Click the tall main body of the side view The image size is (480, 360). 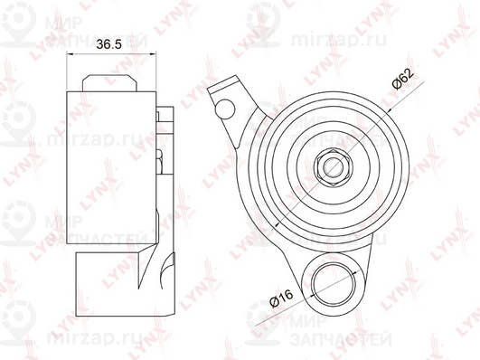pyautogui.click(x=108, y=172)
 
